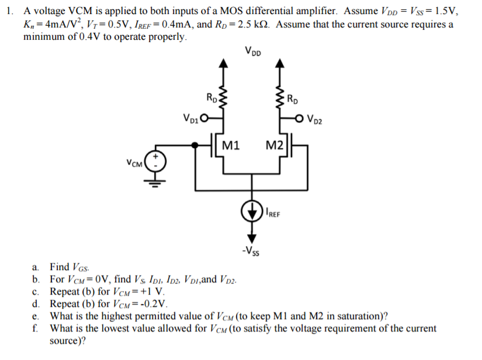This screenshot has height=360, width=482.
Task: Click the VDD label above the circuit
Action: pyautogui.click(x=254, y=51)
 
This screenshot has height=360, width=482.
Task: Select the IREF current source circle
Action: pyautogui.click(x=252, y=211)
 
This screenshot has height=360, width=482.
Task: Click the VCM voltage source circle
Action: pyautogui.click(x=156, y=161)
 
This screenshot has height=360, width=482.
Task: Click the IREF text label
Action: pyautogui.click(x=273, y=214)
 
